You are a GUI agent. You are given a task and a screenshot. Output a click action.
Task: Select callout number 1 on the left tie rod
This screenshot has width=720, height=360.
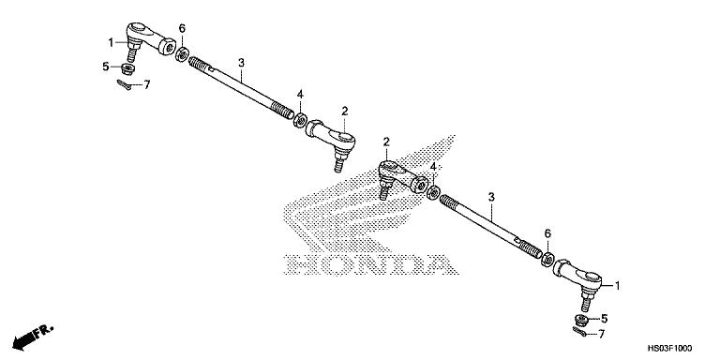111,42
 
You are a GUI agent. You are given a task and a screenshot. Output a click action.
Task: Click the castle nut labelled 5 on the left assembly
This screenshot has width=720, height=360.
127,67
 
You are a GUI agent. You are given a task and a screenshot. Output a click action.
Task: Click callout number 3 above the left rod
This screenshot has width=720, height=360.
241,64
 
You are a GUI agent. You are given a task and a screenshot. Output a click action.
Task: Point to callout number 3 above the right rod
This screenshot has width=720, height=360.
490,198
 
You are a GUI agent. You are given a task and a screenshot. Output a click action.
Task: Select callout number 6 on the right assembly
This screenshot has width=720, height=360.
547,233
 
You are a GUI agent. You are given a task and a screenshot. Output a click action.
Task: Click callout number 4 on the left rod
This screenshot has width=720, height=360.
300,95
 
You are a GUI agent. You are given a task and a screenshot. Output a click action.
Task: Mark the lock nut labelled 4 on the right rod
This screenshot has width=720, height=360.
434,191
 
